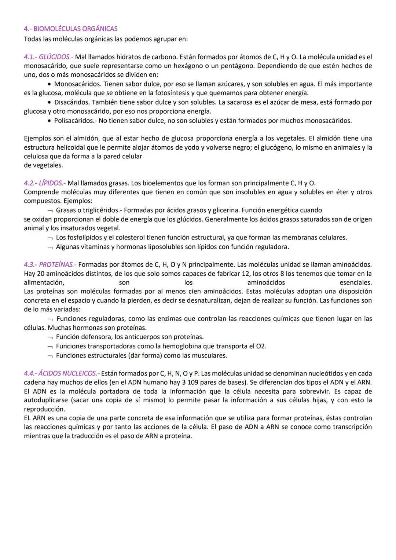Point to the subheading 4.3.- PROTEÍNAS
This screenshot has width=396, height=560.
coord(50,264)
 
